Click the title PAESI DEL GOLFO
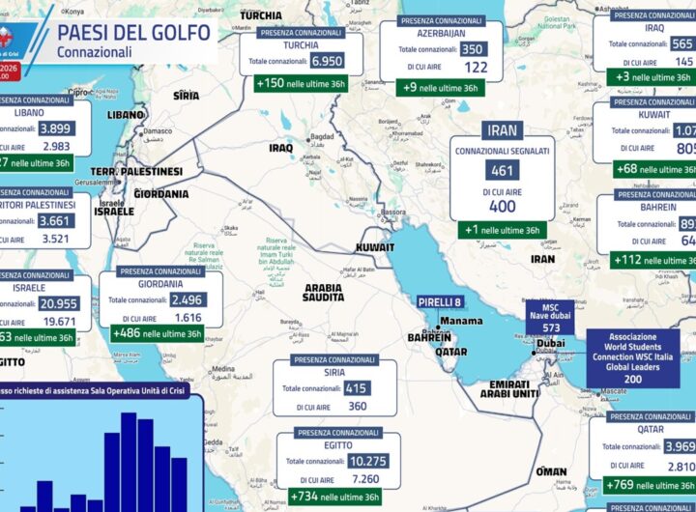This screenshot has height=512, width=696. [134, 31]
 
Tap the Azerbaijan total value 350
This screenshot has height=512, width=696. [473, 50]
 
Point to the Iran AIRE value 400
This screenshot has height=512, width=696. [503, 207]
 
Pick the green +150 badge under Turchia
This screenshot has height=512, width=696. [300, 83]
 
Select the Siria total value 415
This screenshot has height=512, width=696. [356, 388]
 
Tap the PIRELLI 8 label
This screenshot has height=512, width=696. [440, 302]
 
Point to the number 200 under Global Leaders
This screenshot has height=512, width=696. [632, 380]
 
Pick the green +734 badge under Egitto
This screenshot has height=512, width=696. [333, 497]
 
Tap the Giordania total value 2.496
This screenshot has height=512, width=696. [186, 300]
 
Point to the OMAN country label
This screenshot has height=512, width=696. [551, 471]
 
